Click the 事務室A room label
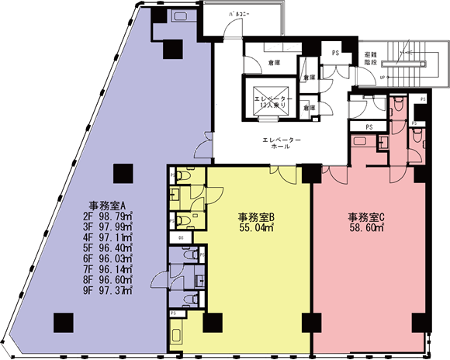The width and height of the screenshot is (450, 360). click(x=108, y=206)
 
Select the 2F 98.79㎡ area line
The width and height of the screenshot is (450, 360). click(x=108, y=218)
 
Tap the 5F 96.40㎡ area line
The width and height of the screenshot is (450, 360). click(x=108, y=248)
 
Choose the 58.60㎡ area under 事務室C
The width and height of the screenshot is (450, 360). click(x=368, y=230)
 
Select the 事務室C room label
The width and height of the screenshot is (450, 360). click(x=368, y=217)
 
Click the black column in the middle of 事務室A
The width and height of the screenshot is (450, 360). click(x=120, y=173)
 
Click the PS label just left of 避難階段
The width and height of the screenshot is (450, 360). click(x=335, y=53)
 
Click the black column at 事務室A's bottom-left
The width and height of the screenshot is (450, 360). click(x=63, y=320)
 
